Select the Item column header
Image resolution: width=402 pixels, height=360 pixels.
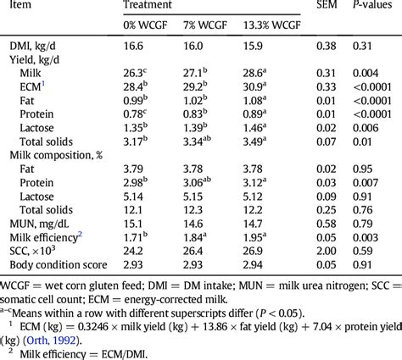[23, 7]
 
